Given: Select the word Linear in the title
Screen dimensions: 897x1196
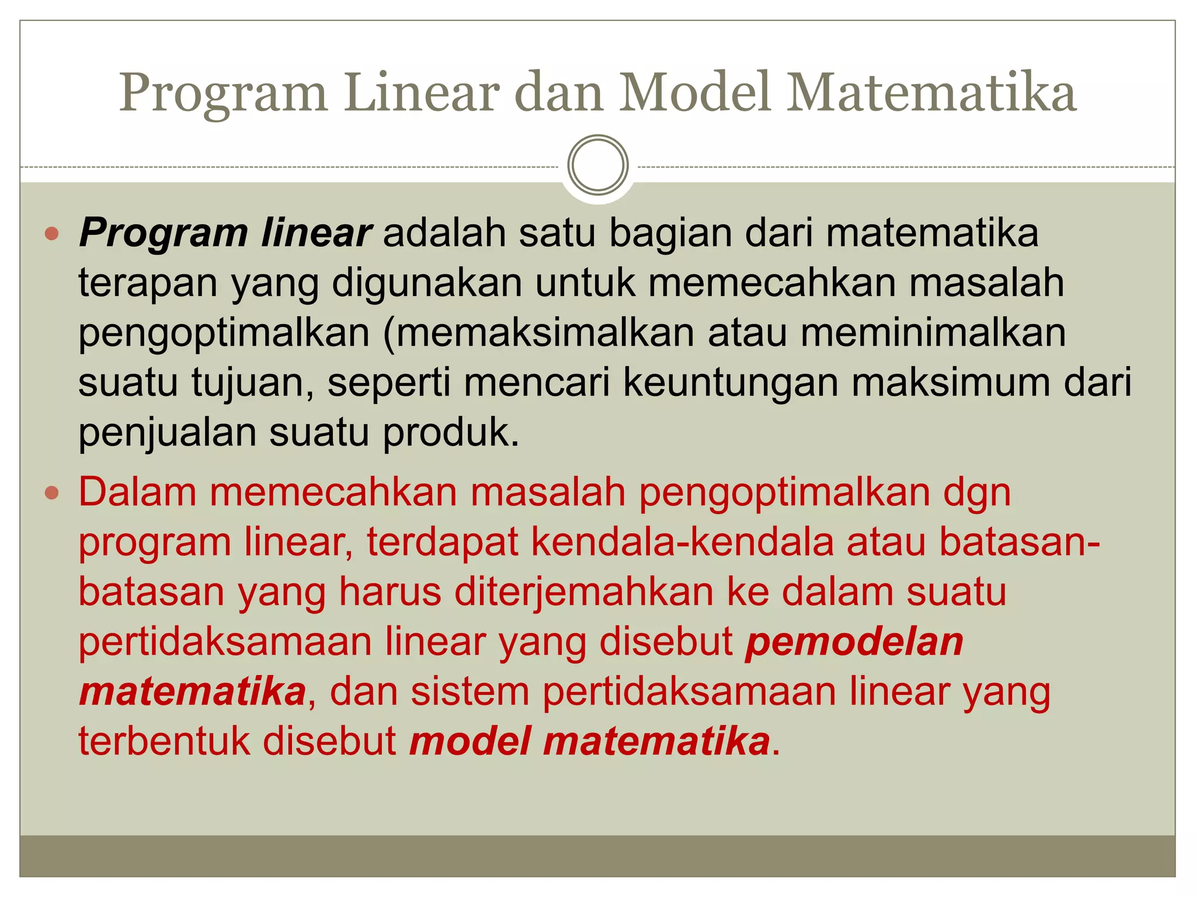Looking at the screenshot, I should tap(422, 93).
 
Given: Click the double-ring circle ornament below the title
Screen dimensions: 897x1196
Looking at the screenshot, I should tap(597, 165).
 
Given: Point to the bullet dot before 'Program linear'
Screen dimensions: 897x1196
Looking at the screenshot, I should tap(52, 234).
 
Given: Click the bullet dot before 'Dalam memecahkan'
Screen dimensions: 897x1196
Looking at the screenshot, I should tap(52, 493).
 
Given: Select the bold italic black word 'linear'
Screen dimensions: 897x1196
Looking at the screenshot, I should tap(316, 233).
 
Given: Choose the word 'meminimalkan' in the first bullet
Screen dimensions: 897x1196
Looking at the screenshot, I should tap(933, 333).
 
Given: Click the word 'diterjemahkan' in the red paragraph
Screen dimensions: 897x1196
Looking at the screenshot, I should tap(584, 592).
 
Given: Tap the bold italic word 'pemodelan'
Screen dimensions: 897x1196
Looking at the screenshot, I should tap(854, 642).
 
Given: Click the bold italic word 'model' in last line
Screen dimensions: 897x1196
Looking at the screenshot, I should tap(470, 742).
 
